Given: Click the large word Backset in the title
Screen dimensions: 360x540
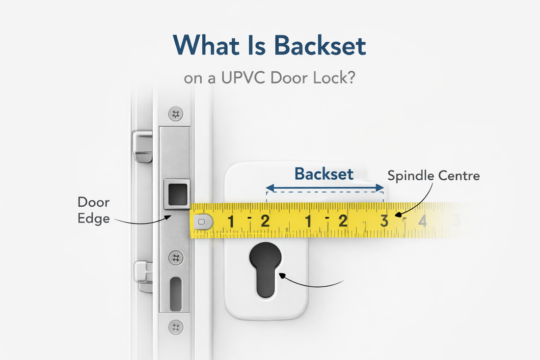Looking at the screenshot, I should tap(320, 46).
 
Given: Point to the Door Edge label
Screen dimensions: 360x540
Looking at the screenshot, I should tap(93, 210).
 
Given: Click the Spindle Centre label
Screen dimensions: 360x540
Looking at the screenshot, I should tap(433, 175).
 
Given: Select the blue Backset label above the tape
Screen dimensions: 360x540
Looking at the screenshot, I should tap(324, 173).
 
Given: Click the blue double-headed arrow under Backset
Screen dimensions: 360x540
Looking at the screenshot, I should tap(324, 188).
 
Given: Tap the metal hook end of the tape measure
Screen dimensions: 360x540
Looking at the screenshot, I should tap(203, 222).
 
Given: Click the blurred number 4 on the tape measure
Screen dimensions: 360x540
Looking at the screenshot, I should tap(422, 221).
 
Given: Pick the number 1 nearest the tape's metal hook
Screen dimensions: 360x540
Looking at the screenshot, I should tap(230, 222).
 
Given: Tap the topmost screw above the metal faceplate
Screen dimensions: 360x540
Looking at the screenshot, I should tap(175, 114).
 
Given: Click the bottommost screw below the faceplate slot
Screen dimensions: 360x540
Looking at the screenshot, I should tap(175, 326).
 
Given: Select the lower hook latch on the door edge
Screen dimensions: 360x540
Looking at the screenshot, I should tap(143, 277).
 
